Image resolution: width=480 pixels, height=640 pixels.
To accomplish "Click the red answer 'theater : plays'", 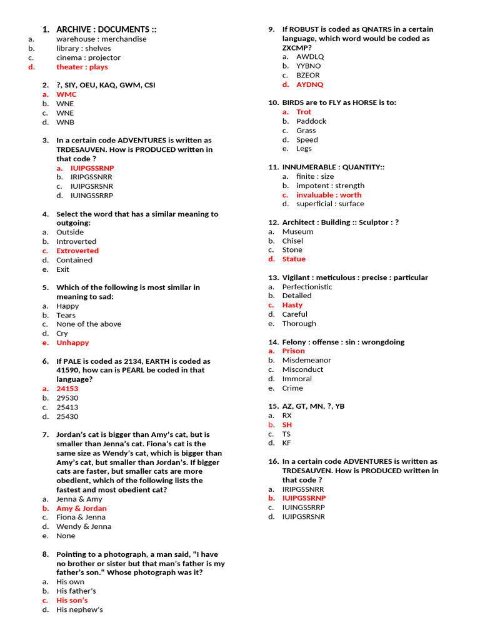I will point(82,67).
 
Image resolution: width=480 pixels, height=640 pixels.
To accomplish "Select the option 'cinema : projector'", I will point(88,57).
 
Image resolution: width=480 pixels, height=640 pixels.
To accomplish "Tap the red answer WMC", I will point(66,94).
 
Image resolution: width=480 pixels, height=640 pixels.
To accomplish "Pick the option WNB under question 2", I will point(65,122).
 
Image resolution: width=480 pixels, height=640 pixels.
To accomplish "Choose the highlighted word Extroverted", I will point(77,251).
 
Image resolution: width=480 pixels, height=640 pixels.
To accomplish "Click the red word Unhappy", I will point(72,342).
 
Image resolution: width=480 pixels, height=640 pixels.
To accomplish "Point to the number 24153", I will point(67,389).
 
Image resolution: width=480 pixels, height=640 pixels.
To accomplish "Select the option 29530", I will point(67,398).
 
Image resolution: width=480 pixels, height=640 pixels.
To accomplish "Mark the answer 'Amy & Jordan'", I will point(81,508).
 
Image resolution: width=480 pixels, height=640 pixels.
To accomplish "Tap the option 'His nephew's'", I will point(79,609).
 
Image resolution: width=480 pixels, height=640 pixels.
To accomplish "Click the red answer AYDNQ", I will point(309,84).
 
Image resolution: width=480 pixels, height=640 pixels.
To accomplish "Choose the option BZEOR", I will point(307,75).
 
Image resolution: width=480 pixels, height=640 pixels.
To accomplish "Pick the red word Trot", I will point(304,112).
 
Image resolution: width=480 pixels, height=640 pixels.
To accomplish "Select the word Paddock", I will point(311,121).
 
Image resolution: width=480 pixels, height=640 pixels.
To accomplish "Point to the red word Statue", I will point(294,259).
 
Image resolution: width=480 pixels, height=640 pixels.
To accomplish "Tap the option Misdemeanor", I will point(306,360).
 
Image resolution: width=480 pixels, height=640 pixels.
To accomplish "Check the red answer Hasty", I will point(292,305).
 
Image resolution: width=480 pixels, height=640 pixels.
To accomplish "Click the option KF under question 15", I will point(286,443).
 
